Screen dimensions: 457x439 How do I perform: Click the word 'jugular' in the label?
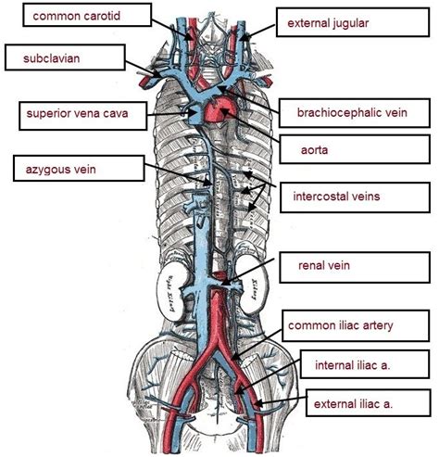tap(365, 21)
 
